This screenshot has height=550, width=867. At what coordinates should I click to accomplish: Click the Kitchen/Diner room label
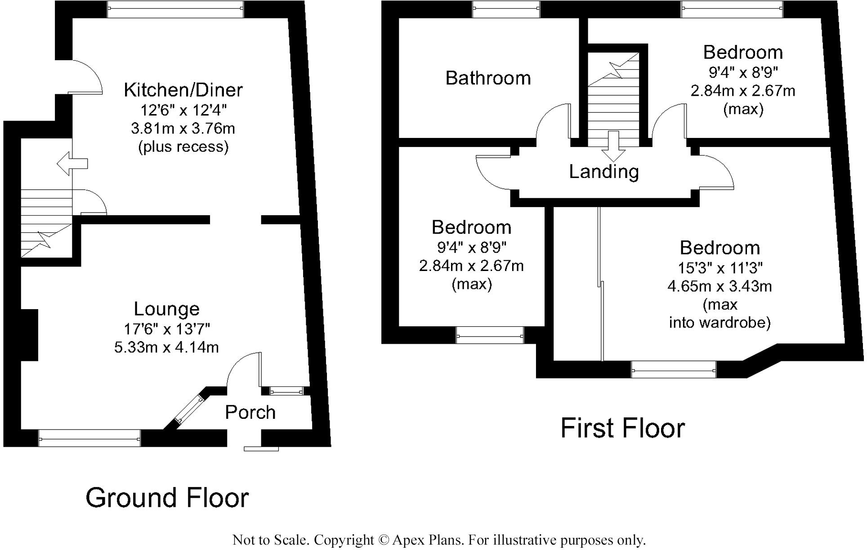pos(183,90)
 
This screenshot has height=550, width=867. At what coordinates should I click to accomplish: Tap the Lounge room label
pos(167,309)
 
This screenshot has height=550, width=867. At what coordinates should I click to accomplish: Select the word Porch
pos(250,412)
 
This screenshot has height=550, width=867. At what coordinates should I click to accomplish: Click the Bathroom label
pos(488,78)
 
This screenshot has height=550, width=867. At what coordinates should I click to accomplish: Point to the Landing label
pos(604,172)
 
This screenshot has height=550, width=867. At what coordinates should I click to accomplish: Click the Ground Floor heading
pos(167,498)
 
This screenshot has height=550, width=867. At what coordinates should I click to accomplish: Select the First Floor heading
pos(623,428)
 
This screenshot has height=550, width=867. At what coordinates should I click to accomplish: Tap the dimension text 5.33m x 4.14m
pos(166,347)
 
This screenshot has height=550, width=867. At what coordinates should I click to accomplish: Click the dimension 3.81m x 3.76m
pos(183,129)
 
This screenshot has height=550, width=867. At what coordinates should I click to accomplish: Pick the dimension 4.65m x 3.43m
pos(720,286)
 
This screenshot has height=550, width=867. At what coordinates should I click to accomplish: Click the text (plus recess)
pos(183,147)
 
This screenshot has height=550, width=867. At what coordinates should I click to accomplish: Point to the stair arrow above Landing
pos(613,146)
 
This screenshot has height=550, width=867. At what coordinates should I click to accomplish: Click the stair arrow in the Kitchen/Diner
pos(72,163)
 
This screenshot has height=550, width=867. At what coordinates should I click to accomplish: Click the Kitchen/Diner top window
pos(175,9)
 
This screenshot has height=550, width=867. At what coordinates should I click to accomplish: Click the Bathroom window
pos(506,9)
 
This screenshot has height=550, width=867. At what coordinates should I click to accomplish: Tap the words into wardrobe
pos(720,323)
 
